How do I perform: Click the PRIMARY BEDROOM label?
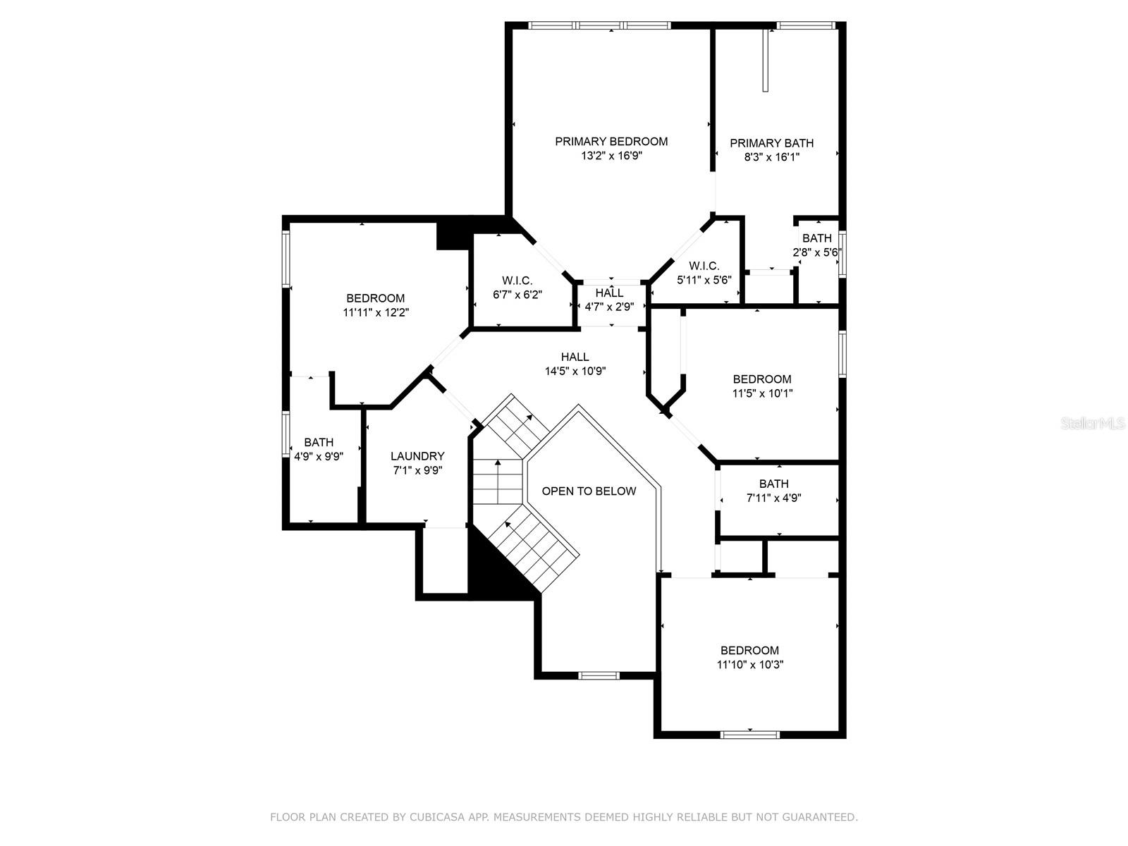(611, 141)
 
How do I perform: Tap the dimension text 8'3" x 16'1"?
(772, 157)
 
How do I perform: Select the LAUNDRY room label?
(417, 456)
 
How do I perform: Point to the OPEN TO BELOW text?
(589, 491)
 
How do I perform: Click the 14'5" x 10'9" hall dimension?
(575, 371)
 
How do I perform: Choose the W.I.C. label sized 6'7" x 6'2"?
(517, 281)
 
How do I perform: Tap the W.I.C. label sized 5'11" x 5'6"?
(704, 266)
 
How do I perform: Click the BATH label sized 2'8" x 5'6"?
(816, 238)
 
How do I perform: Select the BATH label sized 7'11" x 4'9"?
(774, 484)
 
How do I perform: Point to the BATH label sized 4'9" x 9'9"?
(319, 442)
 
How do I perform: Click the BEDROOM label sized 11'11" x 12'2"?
(375, 298)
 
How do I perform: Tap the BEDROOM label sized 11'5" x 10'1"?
(762, 379)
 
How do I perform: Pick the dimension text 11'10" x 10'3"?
(750, 665)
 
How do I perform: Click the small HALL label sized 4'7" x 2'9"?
(610, 293)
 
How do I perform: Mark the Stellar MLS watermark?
(1093, 423)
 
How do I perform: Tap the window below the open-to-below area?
(599, 675)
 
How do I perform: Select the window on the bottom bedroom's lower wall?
(750, 735)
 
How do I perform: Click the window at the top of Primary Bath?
(806, 25)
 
